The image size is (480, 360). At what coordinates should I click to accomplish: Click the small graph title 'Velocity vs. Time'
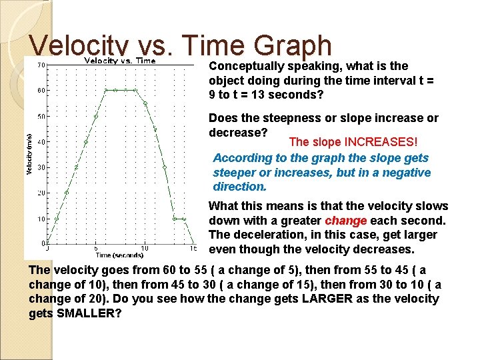click(119, 61)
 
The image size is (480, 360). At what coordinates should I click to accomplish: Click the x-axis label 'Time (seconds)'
click(120, 255)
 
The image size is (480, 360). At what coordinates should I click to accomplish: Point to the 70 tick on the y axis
click(41, 65)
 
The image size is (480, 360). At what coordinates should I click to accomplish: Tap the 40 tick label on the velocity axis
click(41, 141)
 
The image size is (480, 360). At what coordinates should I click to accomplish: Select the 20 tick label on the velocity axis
click(41, 193)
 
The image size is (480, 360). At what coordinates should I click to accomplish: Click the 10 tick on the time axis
click(145, 249)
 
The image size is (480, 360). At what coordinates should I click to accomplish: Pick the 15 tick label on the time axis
click(193, 249)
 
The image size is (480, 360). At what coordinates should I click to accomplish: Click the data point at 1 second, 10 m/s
click(57, 218)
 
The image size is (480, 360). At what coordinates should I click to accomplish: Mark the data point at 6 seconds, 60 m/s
click(105, 90)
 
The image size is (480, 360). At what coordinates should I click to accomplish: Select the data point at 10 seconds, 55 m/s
click(145, 103)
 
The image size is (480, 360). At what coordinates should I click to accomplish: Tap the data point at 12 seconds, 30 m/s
click(164, 167)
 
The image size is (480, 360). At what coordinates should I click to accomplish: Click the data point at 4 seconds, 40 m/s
click(86, 141)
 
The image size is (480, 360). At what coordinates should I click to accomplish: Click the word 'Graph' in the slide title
click(294, 46)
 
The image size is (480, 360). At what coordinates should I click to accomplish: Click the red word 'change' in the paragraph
click(346, 221)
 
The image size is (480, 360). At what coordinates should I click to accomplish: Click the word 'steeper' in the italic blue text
click(234, 173)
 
